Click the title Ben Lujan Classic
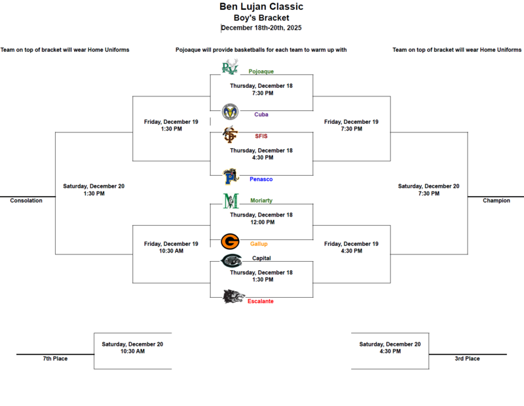[x=261, y=7]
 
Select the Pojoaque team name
[x=261, y=71]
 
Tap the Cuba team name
[x=261, y=114]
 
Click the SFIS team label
[x=260, y=136]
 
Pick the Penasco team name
[x=261, y=179]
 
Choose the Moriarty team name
[x=261, y=201]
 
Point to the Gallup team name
[x=259, y=243]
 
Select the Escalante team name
[x=261, y=301]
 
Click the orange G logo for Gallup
[x=230, y=242]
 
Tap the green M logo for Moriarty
[x=230, y=201]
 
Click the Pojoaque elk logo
[x=229, y=67]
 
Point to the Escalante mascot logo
[x=233, y=297]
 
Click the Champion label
[x=496, y=201]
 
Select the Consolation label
[x=26, y=201]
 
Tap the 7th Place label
[x=55, y=359]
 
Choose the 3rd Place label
[x=467, y=359]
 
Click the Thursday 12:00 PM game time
[x=261, y=222]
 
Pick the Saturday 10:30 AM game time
[x=132, y=352]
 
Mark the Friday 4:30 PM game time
[x=351, y=251]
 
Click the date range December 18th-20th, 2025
[x=261, y=28]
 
